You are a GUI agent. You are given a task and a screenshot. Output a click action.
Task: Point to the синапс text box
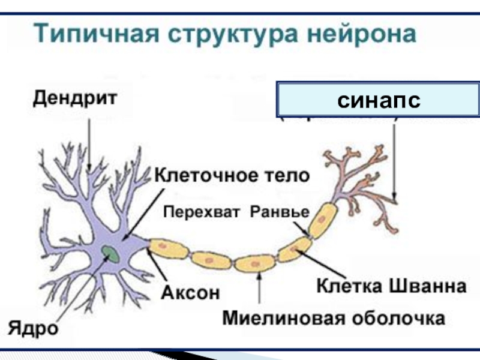click(378, 100)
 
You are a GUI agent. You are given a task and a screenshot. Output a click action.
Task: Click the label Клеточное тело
click(232, 176)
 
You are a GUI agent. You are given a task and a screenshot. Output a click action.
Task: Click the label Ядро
click(32, 328)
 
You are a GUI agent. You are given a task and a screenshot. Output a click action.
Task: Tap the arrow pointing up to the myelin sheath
click(259, 288)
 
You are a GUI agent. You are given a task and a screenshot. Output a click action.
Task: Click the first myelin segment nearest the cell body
click(169, 247)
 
